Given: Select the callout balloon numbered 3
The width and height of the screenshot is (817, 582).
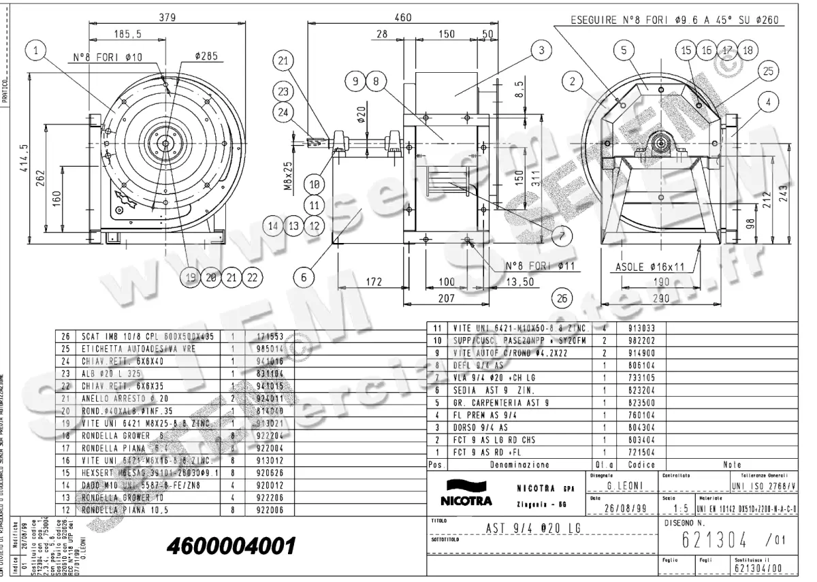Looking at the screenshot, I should pyautogui.click(x=541, y=50).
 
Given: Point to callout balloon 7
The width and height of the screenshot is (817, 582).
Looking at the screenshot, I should pyautogui.click(x=562, y=236).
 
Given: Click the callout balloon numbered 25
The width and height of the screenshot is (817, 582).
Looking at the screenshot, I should pyautogui.click(x=767, y=71).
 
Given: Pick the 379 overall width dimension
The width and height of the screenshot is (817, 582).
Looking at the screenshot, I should pyautogui.click(x=166, y=18).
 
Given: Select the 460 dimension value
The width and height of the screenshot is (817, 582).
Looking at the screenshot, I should pyautogui.click(x=403, y=18).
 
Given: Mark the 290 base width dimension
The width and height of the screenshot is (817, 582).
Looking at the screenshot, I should pyautogui.click(x=660, y=297).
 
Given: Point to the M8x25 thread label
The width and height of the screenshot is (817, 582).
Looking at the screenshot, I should pyautogui.click(x=289, y=175).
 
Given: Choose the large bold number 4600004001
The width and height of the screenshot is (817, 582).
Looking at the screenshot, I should pyautogui.click(x=231, y=546).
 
